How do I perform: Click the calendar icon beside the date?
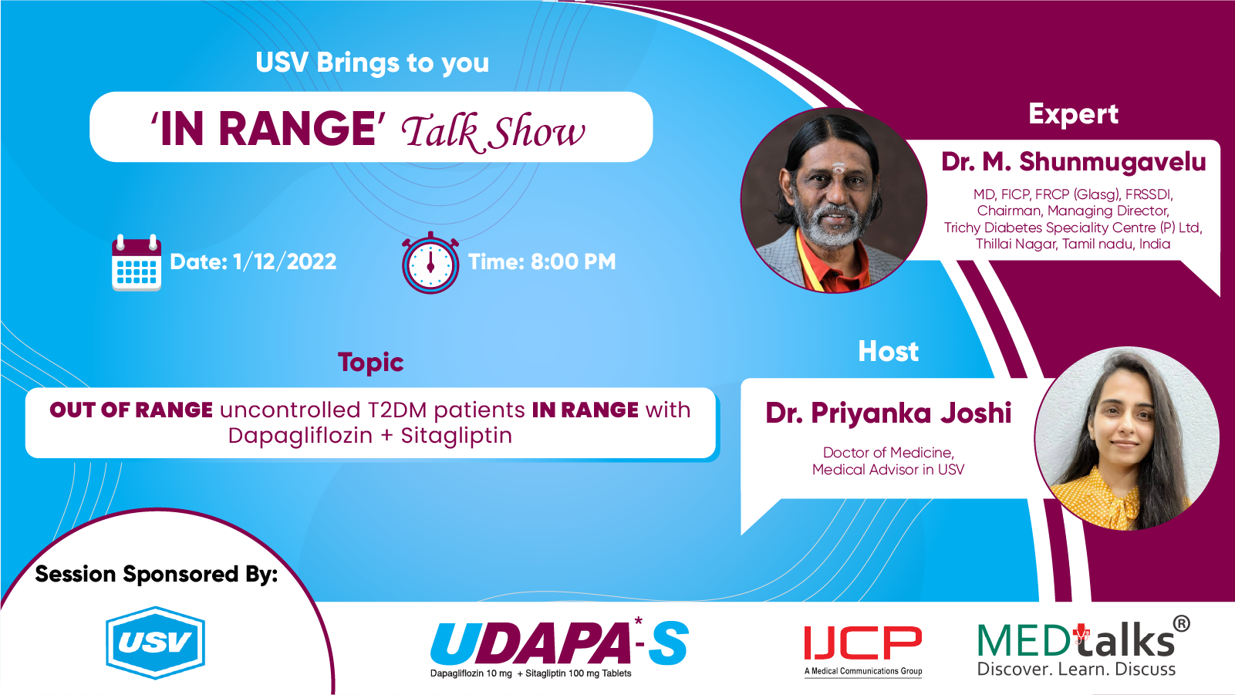pos(137,263)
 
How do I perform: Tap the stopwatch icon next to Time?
pos(430,263)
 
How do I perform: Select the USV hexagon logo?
pos(156,642)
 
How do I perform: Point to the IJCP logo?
pos(863,650)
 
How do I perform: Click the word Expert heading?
pos(1073,115)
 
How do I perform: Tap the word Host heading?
pos(888,351)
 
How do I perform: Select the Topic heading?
pos(370,363)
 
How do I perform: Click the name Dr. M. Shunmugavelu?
pos(1073,161)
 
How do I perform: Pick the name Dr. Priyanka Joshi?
pos(888,413)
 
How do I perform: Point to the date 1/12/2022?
pos(285,261)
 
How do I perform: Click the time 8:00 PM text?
pos(573,261)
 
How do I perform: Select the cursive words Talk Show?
pos(493,132)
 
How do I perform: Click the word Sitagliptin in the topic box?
pos(457,435)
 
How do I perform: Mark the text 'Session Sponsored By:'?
pos(156,575)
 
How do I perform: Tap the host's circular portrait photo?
pos(1127,438)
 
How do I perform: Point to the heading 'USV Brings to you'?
pos(372,62)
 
